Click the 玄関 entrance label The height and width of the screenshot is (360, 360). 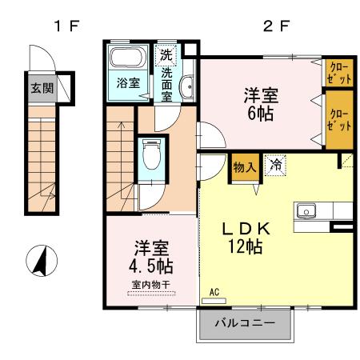[x=42, y=87]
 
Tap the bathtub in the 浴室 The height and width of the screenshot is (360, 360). [x=125, y=58]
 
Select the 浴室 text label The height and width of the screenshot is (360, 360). [x=126, y=83]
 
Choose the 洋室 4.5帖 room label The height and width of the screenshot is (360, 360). [x=150, y=255]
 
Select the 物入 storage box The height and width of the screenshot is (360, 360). [x=244, y=168]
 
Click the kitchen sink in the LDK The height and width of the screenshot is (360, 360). [x=307, y=211]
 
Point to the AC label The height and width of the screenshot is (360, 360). [x=214, y=294]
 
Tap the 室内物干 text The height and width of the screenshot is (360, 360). [x=149, y=283]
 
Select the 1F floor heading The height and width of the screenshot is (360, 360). [x=66, y=25]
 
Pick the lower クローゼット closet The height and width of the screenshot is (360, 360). [x=338, y=120]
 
